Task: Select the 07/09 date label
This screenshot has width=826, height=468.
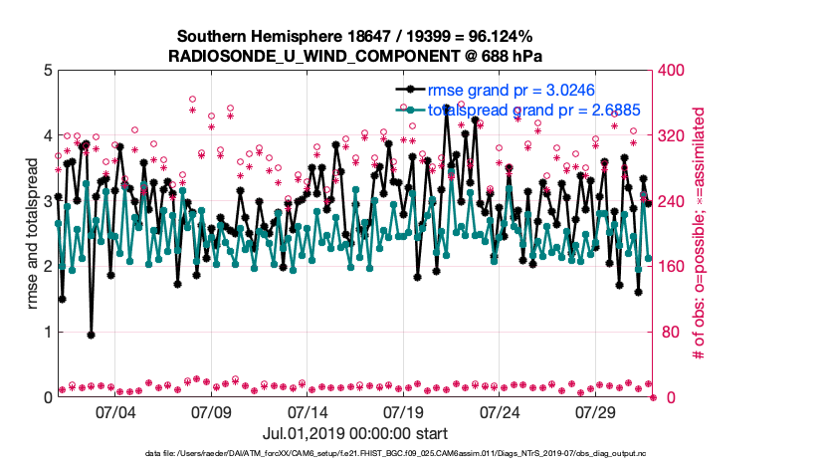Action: tap(211, 411)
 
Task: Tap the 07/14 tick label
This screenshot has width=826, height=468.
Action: tap(308, 411)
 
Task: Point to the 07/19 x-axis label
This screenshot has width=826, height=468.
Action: tap(404, 411)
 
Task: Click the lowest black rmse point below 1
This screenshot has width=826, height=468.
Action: tap(91, 335)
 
